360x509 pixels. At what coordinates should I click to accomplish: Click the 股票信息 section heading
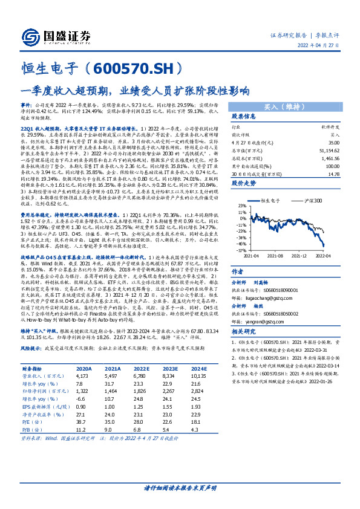[x=227, y=117]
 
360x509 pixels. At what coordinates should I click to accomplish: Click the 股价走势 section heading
[x=227, y=182]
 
